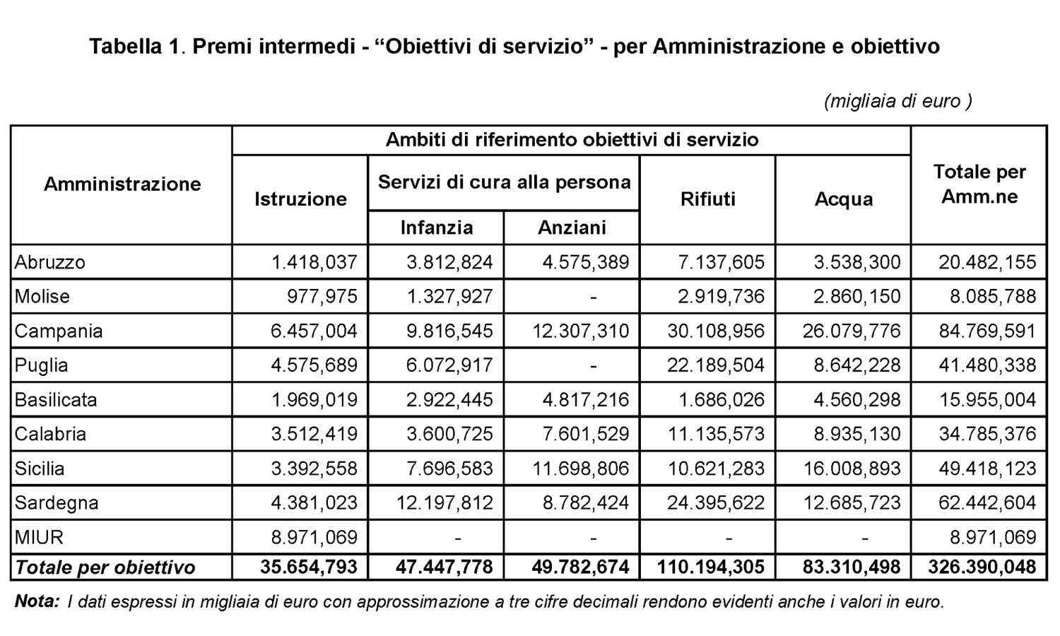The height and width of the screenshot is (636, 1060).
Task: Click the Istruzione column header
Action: click(x=300, y=199)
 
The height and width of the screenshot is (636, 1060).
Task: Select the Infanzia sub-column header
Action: click(x=436, y=228)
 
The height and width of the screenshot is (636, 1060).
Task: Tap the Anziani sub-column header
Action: click(x=572, y=228)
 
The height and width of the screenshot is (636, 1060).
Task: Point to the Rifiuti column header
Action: click(x=708, y=199)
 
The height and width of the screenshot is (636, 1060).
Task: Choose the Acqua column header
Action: click(x=844, y=199)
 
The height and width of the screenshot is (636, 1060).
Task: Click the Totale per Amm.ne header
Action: click(x=979, y=184)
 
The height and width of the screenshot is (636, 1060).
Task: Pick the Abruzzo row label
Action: click(x=49, y=261)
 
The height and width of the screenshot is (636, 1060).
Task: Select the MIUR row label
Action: click(x=39, y=537)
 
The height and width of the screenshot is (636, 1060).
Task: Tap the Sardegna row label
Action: click(x=57, y=502)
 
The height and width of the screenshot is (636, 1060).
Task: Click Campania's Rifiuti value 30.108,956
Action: click(x=716, y=331)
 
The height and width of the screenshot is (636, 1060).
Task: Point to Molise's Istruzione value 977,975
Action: click(x=322, y=296)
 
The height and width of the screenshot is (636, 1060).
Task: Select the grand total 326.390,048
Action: click(x=982, y=567)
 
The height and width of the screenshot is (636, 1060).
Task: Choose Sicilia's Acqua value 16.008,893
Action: click(x=852, y=469)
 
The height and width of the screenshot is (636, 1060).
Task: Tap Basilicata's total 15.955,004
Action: click(x=988, y=400)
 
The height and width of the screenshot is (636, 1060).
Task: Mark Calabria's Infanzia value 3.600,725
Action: click(x=449, y=434)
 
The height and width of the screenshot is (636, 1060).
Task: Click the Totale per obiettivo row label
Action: click(x=105, y=567)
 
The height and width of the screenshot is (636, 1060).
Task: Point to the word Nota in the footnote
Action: click(x=37, y=601)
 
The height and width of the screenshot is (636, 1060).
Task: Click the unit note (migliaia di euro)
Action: click(x=897, y=101)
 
